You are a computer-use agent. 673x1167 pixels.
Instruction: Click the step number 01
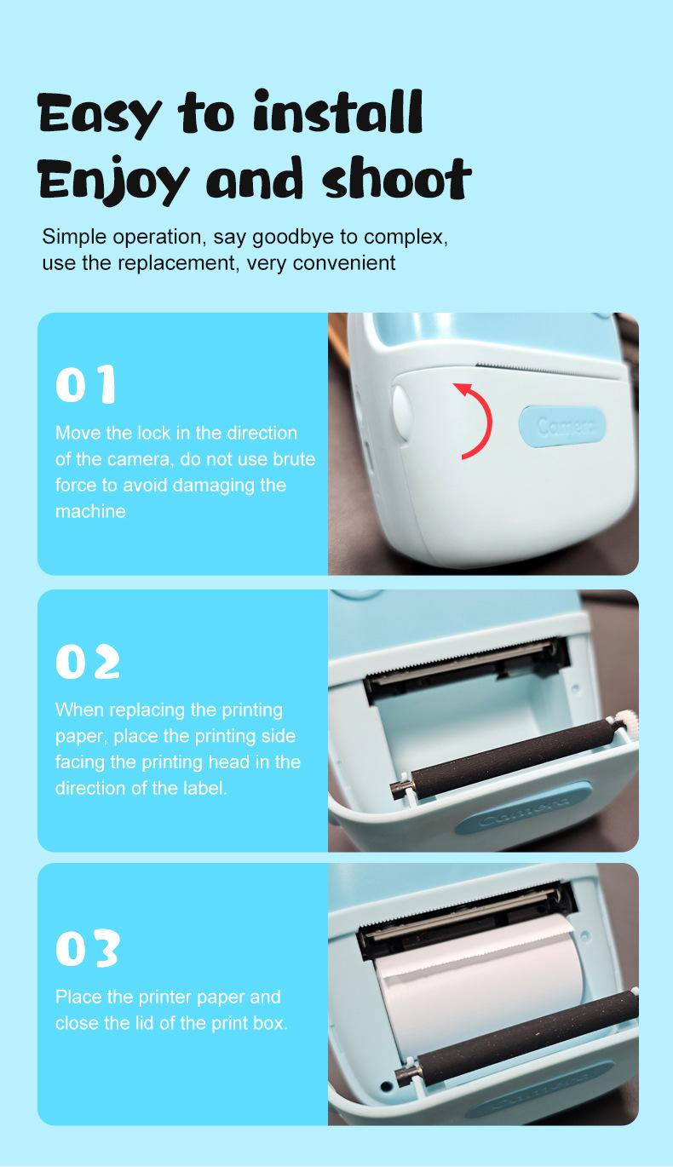point(86,384)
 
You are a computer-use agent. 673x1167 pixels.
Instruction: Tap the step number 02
point(88,661)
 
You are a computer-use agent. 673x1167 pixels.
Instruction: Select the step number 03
point(88,948)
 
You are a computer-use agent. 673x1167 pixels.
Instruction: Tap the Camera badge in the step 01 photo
point(563,426)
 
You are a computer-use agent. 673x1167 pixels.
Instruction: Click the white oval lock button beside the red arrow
point(401,411)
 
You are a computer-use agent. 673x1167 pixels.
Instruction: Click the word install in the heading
point(337,113)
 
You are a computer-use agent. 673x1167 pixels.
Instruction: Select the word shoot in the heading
point(396,179)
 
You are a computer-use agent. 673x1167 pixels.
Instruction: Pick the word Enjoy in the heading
point(112,181)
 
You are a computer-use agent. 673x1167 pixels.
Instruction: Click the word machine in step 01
point(90,511)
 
